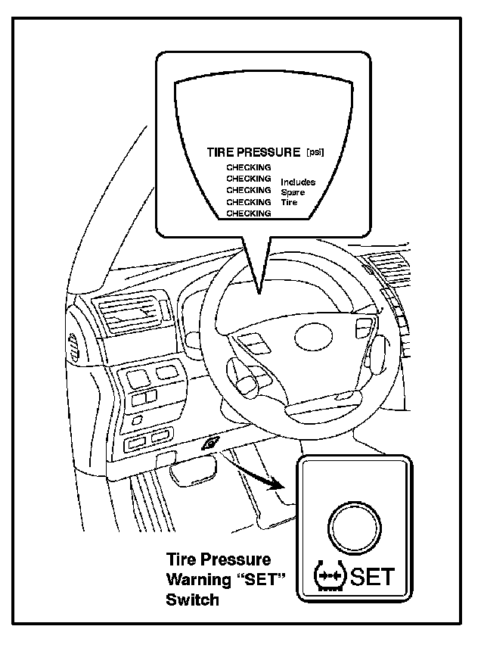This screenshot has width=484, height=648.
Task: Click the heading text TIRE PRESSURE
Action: click(254, 151)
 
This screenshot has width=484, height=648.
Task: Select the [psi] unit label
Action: click(315, 152)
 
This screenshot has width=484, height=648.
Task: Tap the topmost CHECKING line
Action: click(249, 167)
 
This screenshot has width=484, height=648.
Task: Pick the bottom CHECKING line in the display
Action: click(249, 213)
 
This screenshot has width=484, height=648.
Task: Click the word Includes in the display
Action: click(298, 182)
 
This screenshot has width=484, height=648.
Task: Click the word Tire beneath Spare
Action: click(289, 202)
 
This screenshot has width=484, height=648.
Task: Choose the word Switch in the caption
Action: click(192, 600)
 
